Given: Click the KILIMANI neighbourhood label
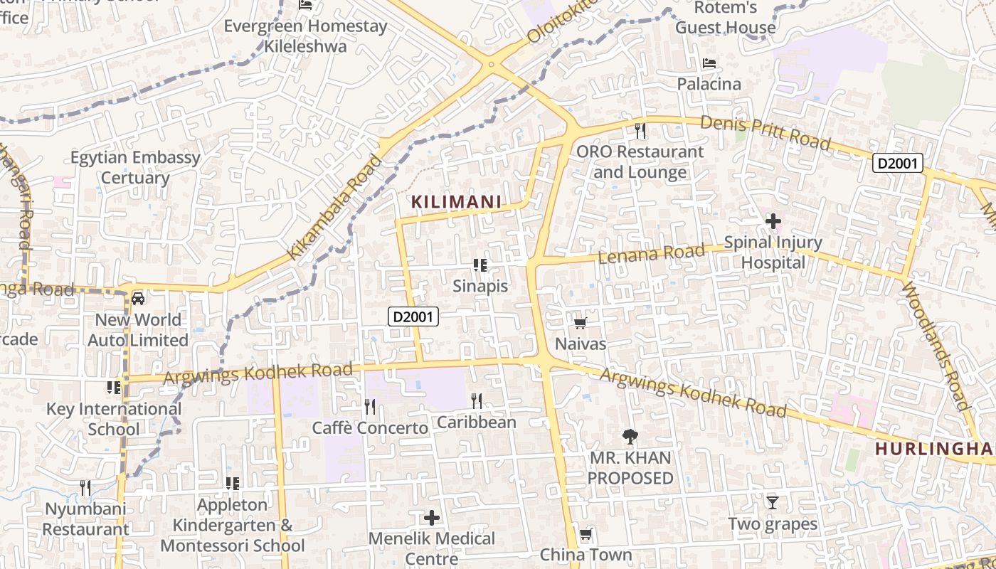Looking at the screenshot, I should pos(456,202).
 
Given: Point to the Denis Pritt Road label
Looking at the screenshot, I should pos(765,132).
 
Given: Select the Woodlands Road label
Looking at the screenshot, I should pos(936,346).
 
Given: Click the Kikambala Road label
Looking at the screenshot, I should pos(334,207).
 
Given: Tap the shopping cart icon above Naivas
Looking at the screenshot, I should pos(580,324).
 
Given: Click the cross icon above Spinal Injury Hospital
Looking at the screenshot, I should pos(773,222).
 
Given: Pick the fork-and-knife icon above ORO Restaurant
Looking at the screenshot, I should pos(640,131).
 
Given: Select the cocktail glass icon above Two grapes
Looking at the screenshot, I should pos(772,503).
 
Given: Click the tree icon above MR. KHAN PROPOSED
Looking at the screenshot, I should pos(630,436).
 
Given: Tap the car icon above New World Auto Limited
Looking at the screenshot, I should pos(138,298).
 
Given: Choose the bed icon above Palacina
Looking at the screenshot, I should pos(709,63).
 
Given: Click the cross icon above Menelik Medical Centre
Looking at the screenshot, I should pos(431,517).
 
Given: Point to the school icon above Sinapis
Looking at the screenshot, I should pos(480,265).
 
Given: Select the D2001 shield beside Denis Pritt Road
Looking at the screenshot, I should pos(898,164).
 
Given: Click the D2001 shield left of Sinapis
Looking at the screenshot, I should pos(413,317).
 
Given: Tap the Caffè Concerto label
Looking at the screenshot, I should pos(370,427).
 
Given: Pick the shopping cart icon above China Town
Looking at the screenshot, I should pos(586,533).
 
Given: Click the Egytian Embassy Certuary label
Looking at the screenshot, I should pos(135,167).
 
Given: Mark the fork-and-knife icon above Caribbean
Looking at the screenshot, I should pos(476,401).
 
